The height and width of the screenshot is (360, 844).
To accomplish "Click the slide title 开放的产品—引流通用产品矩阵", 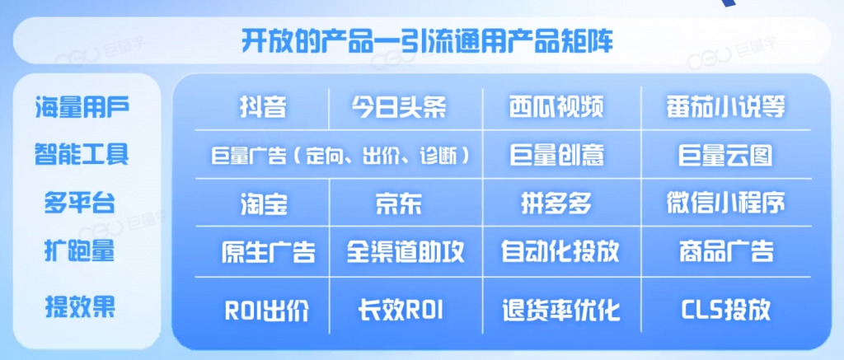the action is (427, 42).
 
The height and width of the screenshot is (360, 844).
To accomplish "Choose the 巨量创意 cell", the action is (556, 156).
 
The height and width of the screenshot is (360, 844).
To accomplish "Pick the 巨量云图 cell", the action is (725, 156).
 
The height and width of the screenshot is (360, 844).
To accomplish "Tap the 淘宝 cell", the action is (264, 204).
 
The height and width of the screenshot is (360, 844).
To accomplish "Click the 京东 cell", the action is (399, 204).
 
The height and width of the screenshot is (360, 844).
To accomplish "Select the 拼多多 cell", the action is (556, 204).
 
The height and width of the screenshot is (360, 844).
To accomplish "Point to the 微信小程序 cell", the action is (725, 204).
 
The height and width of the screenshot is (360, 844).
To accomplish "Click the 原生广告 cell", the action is (269, 252).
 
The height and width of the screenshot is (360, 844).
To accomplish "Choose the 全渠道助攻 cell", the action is (406, 252).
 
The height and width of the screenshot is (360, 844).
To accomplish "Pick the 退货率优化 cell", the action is (560, 311).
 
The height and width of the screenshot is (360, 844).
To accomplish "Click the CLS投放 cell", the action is (725, 311).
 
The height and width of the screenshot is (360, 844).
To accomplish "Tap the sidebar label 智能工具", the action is (82, 154).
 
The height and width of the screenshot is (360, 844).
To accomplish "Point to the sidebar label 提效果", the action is (80, 308).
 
